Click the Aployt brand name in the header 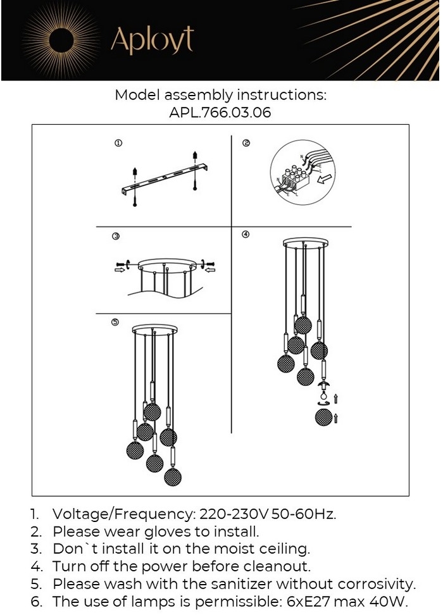point(152,40)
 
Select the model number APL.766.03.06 point(220,113)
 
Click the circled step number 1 point(118,144)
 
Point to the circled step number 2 point(246,144)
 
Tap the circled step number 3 point(116,237)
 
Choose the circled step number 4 point(246,235)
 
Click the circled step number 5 point(115,322)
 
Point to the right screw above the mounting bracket point(196,156)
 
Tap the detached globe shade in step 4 point(323,418)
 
